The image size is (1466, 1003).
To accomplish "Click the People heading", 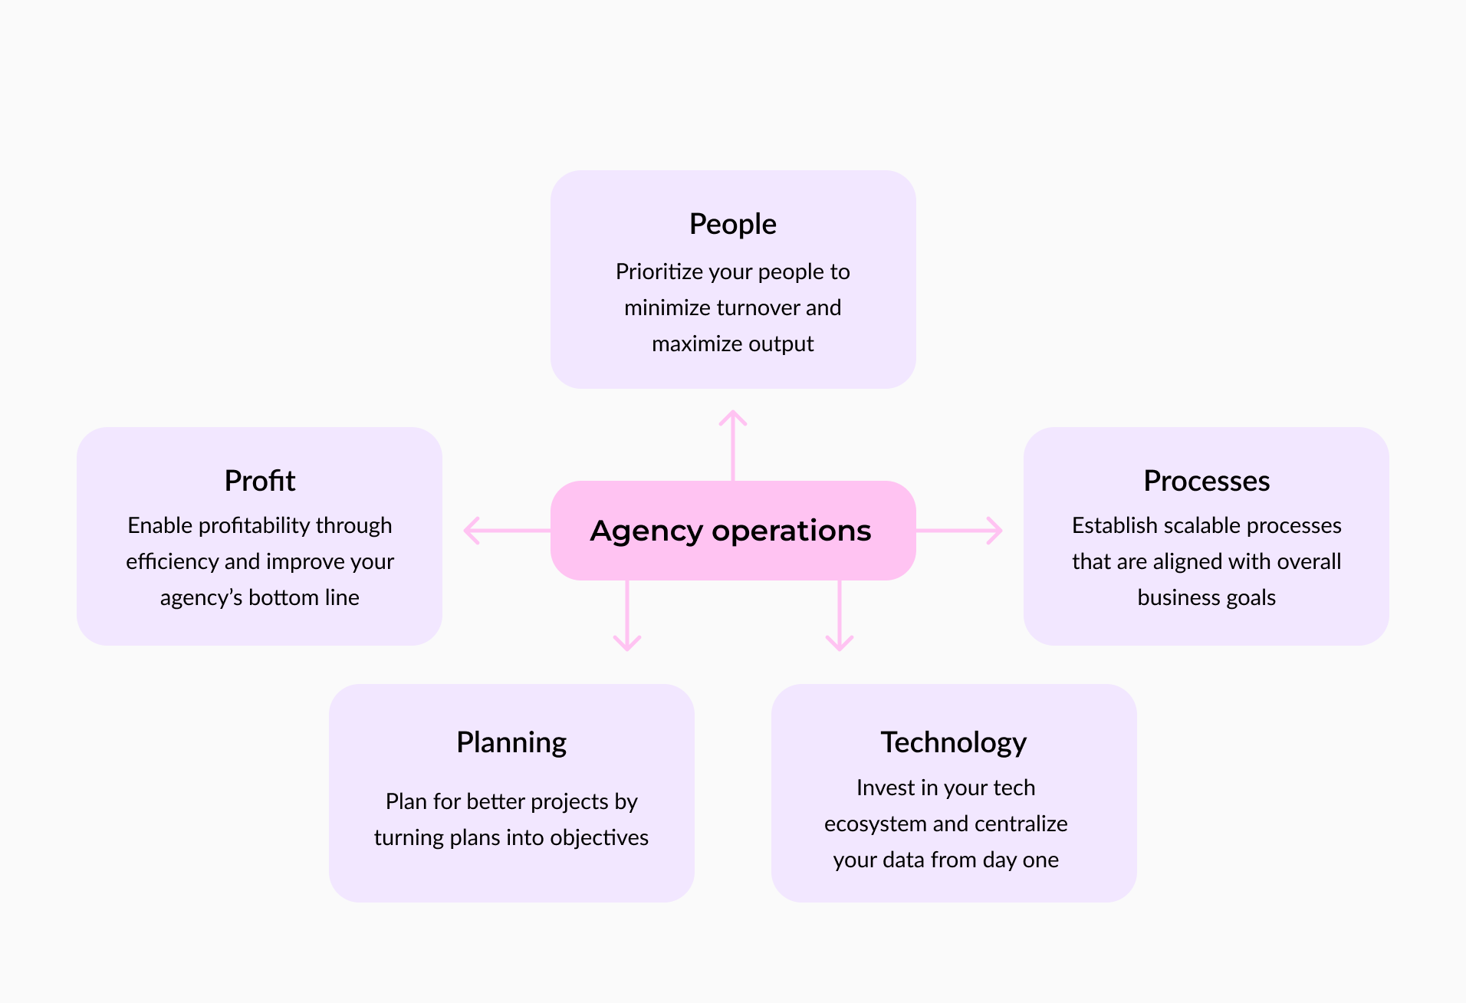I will (x=732, y=224).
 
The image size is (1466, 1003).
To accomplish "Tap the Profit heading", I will (x=259, y=481).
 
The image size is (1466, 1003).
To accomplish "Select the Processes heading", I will (x=1206, y=481).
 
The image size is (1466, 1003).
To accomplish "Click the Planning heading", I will (x=511, y=742).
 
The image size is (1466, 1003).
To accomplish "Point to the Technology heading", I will (x=953, y=742).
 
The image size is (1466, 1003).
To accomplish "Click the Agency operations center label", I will (x=731, y=531).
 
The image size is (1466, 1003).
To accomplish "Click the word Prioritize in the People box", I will (x=659, y=271).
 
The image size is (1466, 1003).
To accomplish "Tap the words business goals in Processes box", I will (x=1206, y=597).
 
